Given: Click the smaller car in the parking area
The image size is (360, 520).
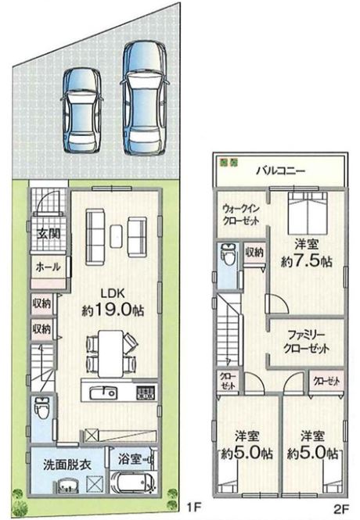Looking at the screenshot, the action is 81,110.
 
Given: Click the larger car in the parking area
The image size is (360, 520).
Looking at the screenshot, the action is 145,99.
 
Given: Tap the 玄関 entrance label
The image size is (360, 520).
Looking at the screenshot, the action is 49,234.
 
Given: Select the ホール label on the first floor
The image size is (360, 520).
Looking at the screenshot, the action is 48,267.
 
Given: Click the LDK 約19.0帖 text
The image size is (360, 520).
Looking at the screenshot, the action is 113,302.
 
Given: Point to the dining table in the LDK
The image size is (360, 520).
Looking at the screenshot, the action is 111,353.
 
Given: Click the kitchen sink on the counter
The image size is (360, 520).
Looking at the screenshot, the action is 104,393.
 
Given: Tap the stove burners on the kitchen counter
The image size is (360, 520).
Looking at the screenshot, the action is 146,393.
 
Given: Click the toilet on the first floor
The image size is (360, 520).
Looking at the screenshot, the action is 41,408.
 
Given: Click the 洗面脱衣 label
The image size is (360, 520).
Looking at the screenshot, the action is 67,465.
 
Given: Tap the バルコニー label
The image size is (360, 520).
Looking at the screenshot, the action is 281,170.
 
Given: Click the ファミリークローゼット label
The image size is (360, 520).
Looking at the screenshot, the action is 307,342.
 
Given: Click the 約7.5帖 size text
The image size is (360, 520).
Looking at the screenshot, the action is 307,262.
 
